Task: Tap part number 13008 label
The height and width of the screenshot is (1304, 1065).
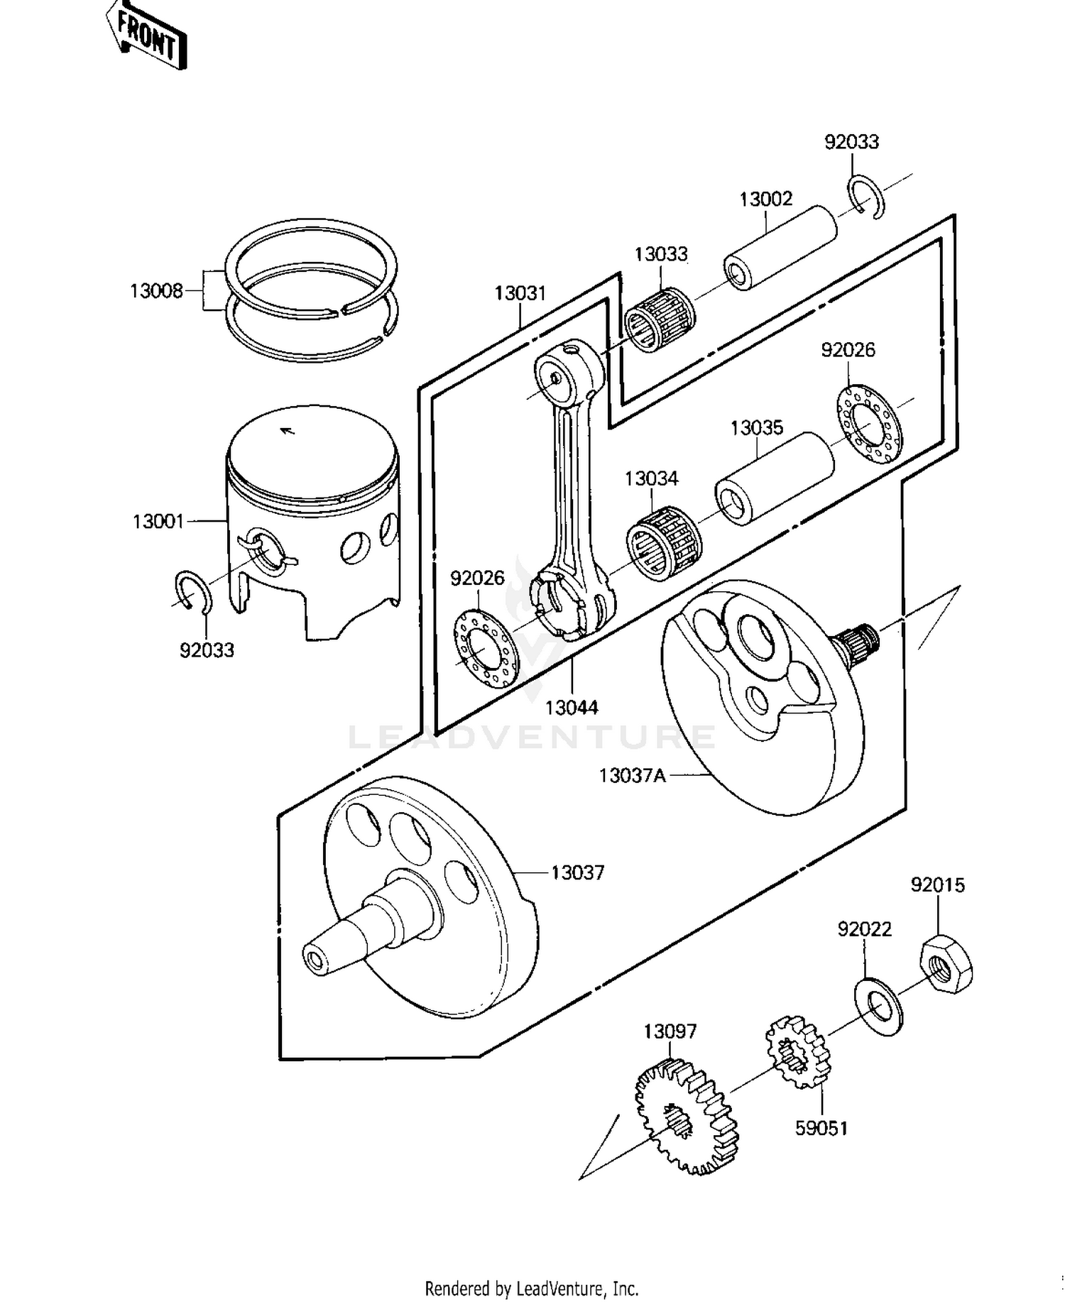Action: [x=156, y=291]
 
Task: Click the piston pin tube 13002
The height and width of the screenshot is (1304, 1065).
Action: [x=780, y=248]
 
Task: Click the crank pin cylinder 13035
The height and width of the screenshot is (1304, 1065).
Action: [x=774, y=478]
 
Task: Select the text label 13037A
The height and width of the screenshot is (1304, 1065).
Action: [x=632, y=775]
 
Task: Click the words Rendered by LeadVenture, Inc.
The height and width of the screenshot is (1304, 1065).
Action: [x=531, y=1288]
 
